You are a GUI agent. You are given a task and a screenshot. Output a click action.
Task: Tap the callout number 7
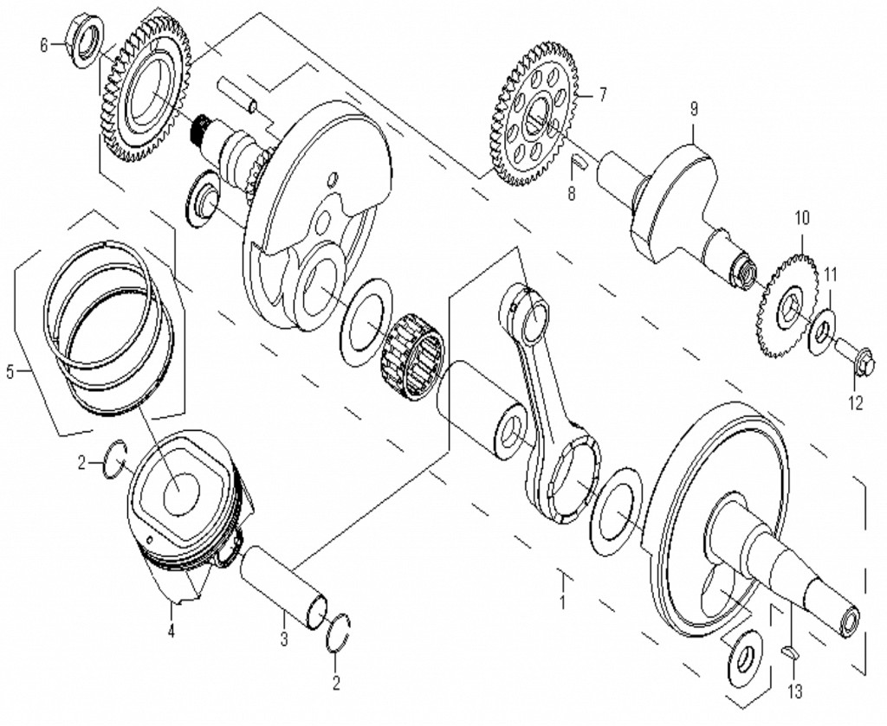pyautogui.click(x=602, y=94)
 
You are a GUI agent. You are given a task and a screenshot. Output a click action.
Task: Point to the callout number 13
pyautogui.click(x=795, y=691)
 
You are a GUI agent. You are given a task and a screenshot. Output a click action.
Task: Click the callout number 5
pyautogui.click(x=10, y=373)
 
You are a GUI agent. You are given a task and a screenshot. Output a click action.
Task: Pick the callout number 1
pyautogui.click(x=562, y=601)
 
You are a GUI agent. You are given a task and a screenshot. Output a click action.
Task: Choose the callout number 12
pyautogui.click(x=856, y=402)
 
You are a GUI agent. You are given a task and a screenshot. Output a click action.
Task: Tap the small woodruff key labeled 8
pyautogui.click(x=581, y=161)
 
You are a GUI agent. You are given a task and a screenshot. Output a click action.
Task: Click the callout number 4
pyautogui.click(x=171, y=631)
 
